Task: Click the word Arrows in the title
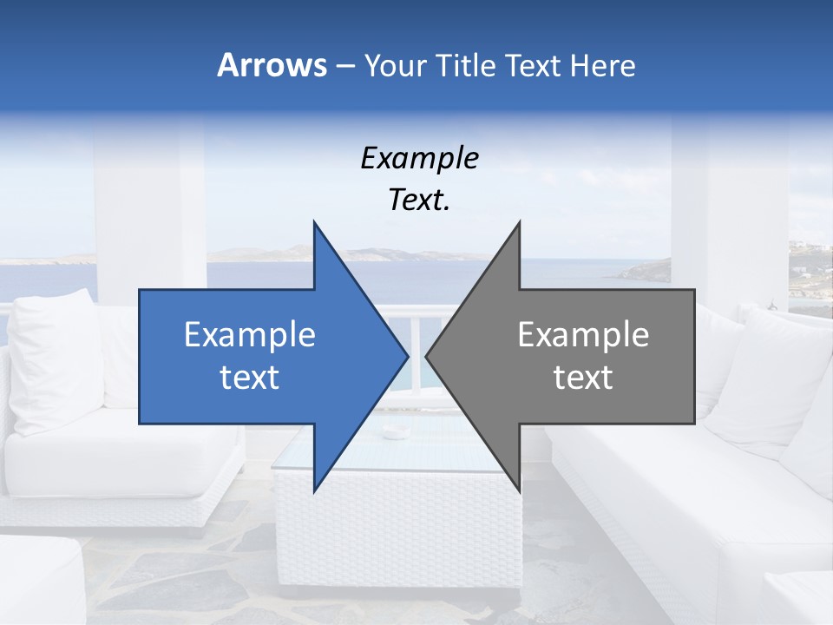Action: (x=272, y=66)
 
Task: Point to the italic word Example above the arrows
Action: (x=419, y=158)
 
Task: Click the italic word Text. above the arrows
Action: (x=419, y=201)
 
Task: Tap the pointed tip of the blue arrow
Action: (x=406, y=356)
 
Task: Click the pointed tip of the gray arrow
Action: (x=428, y=356)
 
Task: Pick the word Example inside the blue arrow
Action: (x=250, y=335)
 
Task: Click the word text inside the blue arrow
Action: (x=250, y=378)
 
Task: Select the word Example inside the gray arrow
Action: (x=583, y=335)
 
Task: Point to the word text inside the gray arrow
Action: (x=583, y=378)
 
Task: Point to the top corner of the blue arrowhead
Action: (x=314, y=223)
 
